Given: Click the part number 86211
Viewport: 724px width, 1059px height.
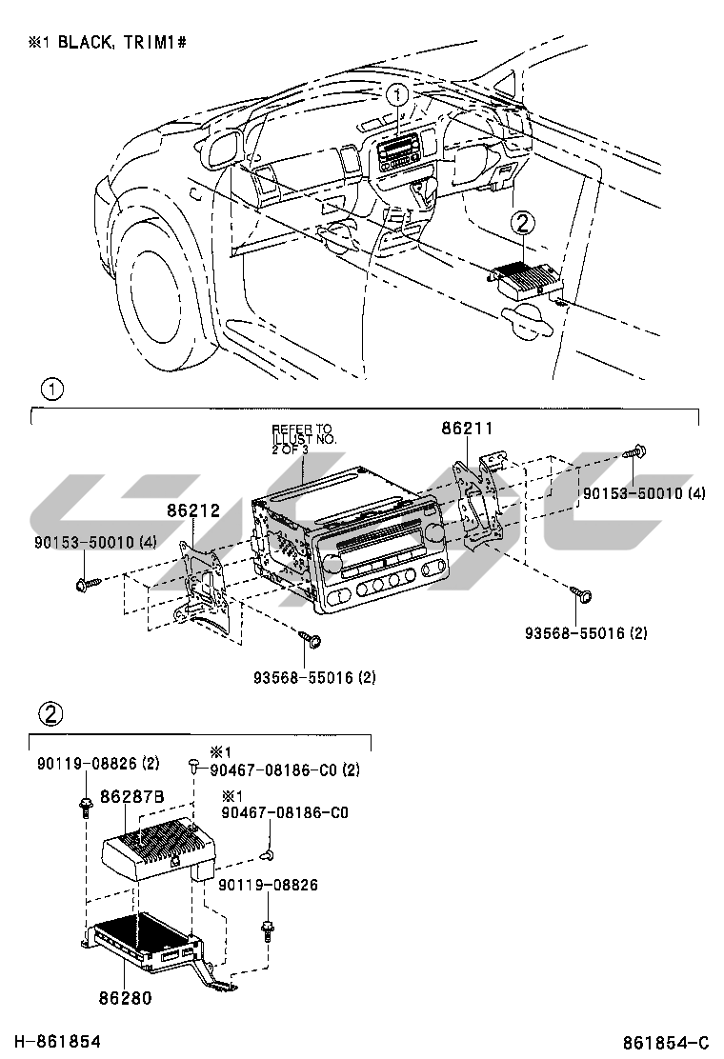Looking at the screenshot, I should (467, 430).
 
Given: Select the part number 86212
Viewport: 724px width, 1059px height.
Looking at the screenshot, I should (194, 510).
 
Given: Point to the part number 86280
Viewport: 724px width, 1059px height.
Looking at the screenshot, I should (125, 998).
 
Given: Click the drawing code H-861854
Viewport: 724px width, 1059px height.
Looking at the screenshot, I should (57, 1042).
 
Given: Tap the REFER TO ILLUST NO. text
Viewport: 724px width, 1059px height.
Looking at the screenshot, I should (302, 439).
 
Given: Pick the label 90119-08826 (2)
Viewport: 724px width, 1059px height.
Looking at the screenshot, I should (98, 763).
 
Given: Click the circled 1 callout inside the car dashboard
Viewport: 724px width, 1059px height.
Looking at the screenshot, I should (397, 95).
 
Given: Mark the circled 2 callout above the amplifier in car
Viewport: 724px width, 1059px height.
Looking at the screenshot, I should (523, 224).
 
